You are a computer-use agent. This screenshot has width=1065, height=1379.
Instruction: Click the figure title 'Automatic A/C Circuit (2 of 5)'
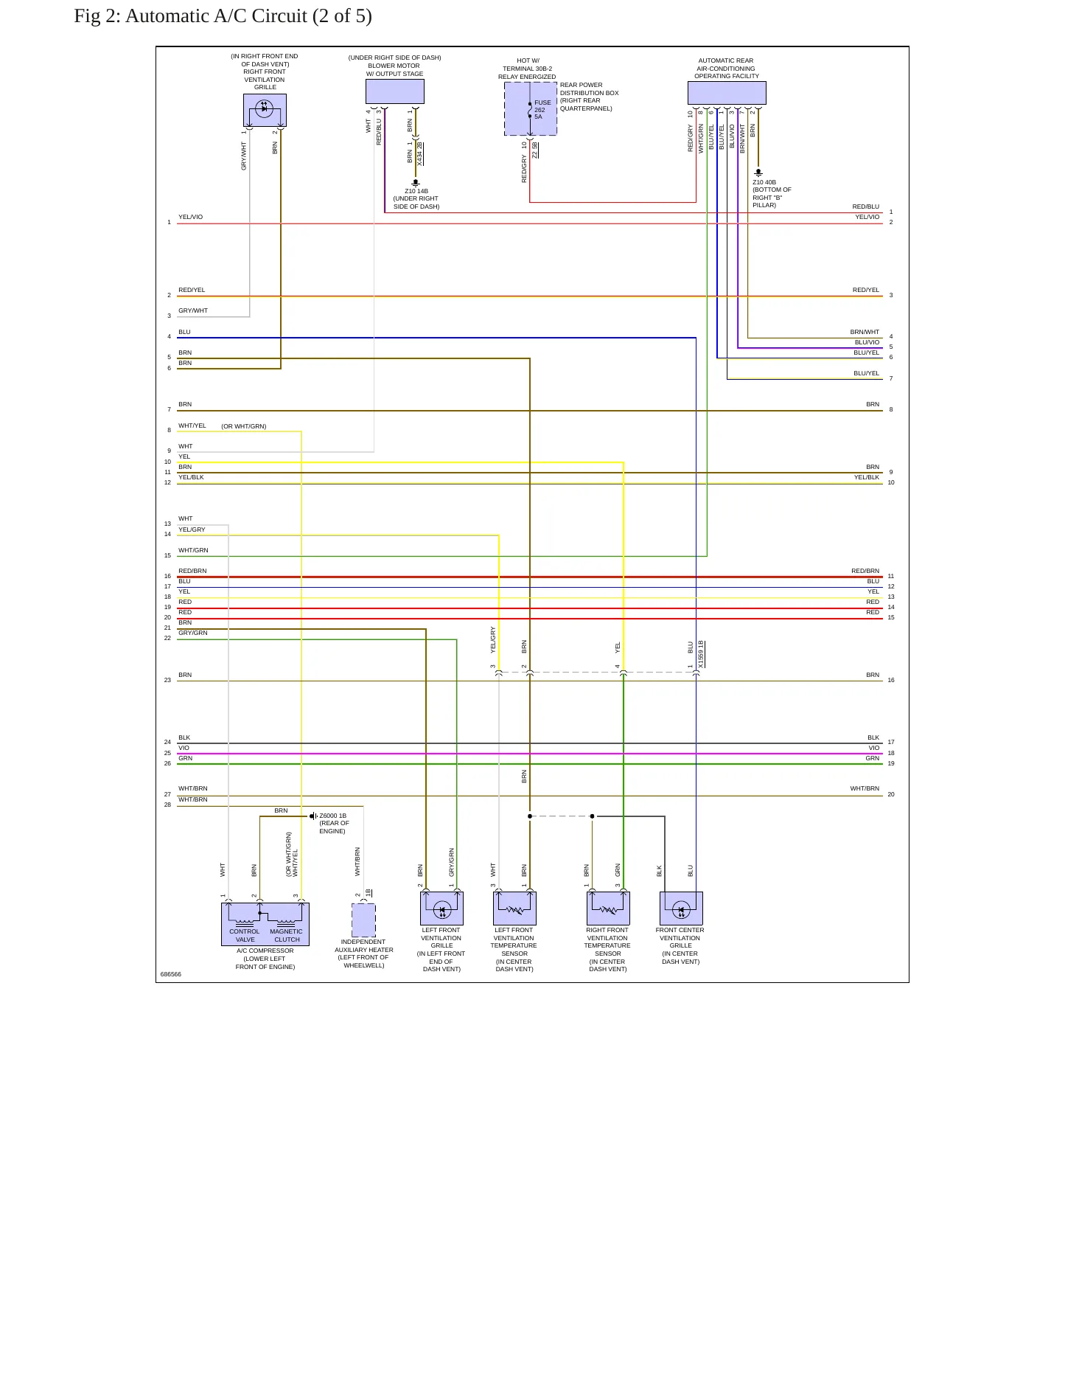[248, 16]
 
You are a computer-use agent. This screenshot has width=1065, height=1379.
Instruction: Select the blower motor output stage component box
[395, 91]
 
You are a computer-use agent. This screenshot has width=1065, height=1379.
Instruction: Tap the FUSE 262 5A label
[542, 110]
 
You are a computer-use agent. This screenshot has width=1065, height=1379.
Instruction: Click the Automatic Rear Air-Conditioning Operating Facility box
[727, 93]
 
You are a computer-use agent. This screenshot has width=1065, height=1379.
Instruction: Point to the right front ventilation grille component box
[265, 110]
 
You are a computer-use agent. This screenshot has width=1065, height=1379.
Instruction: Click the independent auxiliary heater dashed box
[363, 920]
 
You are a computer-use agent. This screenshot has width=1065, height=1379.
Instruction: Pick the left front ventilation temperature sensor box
[514, 909]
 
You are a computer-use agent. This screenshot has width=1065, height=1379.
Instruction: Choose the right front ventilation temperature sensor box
[608, 909]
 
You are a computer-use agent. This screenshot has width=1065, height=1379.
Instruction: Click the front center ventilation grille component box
[681, 909]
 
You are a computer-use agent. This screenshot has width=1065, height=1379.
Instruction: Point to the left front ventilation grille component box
[441, 909]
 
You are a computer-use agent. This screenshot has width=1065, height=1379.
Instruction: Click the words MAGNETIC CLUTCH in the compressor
[287, 935]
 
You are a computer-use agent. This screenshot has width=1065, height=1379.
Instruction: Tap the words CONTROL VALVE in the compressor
[245, 935]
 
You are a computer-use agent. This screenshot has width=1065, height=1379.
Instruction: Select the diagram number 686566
[171, 974]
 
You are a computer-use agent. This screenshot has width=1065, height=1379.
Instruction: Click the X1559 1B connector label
[701, 654]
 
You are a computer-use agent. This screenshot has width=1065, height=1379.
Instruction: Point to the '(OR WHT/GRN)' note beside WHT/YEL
[244, 426]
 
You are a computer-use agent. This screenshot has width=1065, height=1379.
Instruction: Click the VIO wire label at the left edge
[184, 748]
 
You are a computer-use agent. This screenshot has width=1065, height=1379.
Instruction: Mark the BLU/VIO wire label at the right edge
[867, 342]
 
